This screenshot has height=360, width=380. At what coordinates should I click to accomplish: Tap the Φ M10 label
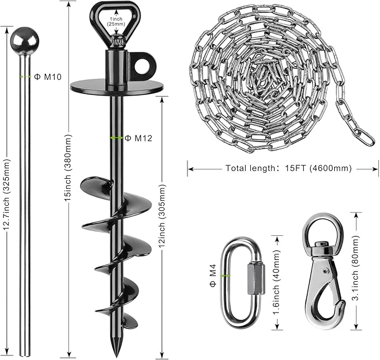point(48,77)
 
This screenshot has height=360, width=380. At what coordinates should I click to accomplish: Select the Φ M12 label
point(138,138)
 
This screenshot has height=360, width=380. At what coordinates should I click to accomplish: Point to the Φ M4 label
point(213,276)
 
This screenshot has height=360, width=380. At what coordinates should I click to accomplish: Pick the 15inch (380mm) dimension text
point(68,168)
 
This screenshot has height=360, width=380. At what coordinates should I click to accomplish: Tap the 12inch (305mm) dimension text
point(161,216)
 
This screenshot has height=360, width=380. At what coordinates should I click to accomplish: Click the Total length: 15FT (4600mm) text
point(288,168)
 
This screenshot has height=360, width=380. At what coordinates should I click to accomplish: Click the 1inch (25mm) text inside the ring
point(116,22)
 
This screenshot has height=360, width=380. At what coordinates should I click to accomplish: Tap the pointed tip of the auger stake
point(116,356)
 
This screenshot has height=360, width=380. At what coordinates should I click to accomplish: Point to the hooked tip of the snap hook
point(341,306)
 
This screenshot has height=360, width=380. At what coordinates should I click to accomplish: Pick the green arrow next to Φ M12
point(116,138)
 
